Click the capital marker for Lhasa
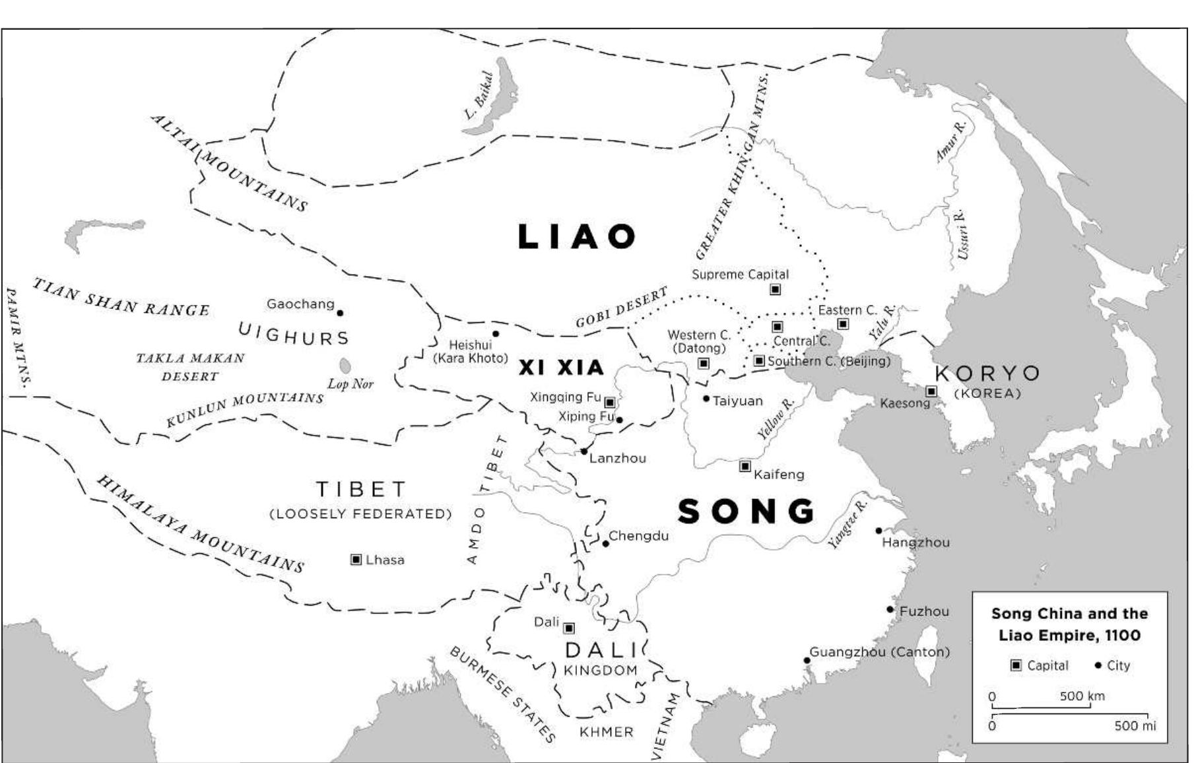tap(356, 560)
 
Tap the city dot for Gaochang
tap(340, 313)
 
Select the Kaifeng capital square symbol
tap(745, 467)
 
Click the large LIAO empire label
tap(577, 237)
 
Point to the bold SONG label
tap(747, 512)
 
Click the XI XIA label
tap(561, 368)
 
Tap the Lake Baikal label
tap(479, 96)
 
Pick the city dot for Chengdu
tap(605, 544)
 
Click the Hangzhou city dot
tap(879, 531)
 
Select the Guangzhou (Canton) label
tap(879, 652)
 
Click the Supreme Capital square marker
tap(776, 289)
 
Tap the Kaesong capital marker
tap(931, 391)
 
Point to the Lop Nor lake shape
tap(345, 365)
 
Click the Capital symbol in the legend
tap(1016, 665)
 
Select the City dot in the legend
tap(1098, 665)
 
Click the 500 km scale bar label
tap(1082, 696)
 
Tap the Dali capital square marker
tap(568, 628)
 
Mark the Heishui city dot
tap(496, 334)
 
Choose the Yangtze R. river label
tap(847, 525)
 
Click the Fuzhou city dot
tap(890, 610)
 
